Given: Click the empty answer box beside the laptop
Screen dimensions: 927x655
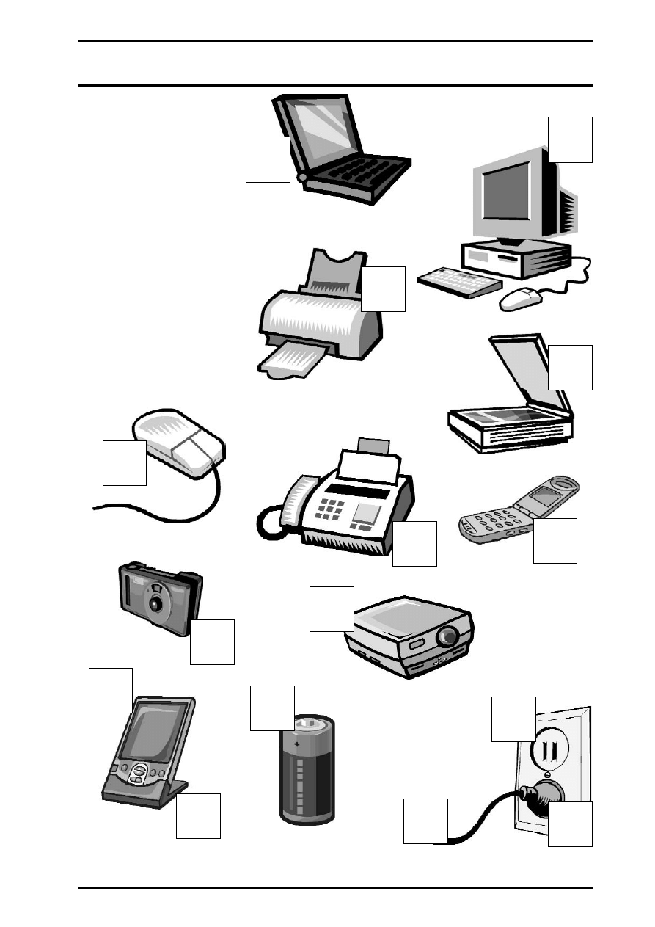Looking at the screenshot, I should coord(268,159).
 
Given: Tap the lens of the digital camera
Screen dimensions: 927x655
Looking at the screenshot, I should coord(155,603).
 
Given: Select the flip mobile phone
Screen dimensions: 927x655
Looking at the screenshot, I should coord(519,511).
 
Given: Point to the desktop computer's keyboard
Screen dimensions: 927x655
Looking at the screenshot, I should coord(460,282).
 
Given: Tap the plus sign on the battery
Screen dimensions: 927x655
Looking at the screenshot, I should coord(297,744).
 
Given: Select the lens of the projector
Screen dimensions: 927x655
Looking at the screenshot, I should coord(447,636).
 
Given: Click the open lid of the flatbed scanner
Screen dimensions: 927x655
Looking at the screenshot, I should coord(522,374).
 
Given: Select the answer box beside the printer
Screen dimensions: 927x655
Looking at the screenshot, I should coord(383,289).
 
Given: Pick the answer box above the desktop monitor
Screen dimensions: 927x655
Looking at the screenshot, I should coord(570,139).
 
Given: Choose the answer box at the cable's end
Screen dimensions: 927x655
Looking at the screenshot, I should coord(425,821).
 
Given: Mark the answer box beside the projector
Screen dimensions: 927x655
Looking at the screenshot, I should coord(332,608).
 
